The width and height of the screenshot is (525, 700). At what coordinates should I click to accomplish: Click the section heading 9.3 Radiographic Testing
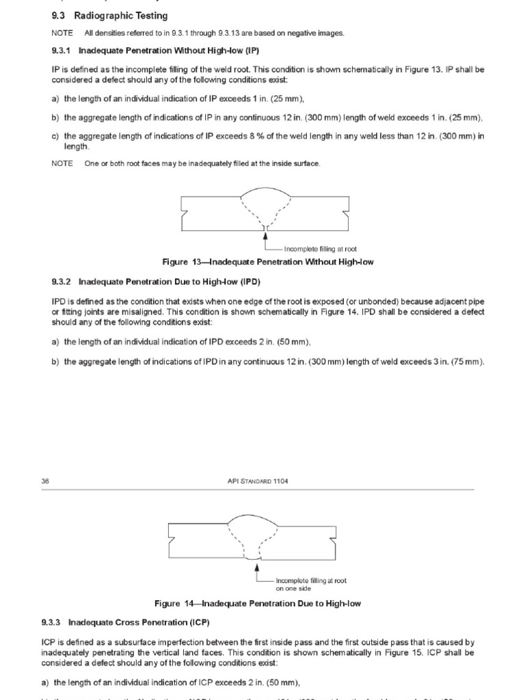tap(109, 16)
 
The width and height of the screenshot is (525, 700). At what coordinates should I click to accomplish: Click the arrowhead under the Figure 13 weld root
tap(265, 234)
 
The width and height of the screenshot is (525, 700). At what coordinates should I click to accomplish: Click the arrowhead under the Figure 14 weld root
tap(257, 565)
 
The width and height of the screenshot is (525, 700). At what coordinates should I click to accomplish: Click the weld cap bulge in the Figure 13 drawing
tap(265, 193)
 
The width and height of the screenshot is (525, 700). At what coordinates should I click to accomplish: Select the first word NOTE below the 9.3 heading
tap(62, 33)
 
